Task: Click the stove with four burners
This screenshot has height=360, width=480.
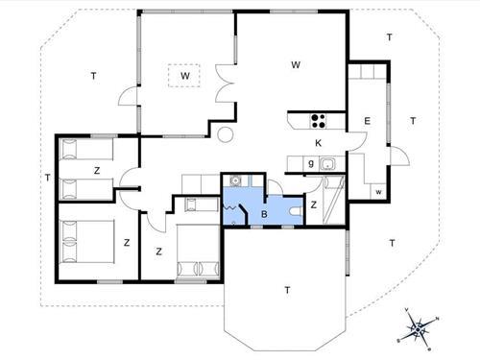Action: [x=317, y=121]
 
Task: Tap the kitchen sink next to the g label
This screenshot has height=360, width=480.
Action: [x=327, y=164]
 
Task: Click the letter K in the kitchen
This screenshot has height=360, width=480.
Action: [x=318, y=143]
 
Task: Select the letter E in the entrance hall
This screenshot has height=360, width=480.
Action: [x=367, y=121]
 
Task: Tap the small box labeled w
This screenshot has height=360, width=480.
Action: [x=379, y=192]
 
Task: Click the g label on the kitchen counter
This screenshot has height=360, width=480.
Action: [x=311, y=164]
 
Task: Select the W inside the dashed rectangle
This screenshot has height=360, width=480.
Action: [x=184, y=75]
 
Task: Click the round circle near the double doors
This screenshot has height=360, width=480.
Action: [x=227, y=135]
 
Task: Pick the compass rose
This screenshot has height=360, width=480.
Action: [x=419, y=329]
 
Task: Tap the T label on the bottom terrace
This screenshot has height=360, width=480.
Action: [x=286, y=288]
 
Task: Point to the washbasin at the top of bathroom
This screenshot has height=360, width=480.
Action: [x=237, y=180]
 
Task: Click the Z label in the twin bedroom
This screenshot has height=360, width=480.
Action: [x=98, y=169]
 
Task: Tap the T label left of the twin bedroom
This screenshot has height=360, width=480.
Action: [x=46, y=177]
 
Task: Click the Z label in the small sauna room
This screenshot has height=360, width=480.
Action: [x=314, y=204]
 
